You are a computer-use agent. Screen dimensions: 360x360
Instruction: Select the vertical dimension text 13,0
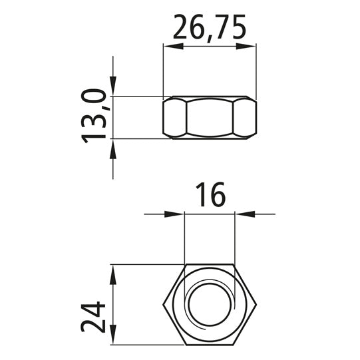point(96,117)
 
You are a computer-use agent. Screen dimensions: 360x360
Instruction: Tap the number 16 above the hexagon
point(210,196)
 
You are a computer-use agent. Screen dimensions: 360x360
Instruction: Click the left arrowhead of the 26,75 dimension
point(170,46)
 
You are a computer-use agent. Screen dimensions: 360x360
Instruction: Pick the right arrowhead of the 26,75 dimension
point(250,46)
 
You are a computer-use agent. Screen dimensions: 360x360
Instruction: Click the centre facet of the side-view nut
point(210,118)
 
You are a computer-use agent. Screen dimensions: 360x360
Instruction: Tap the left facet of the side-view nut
point(175,118)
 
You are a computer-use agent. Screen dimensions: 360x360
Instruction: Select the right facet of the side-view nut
point(244,118)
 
